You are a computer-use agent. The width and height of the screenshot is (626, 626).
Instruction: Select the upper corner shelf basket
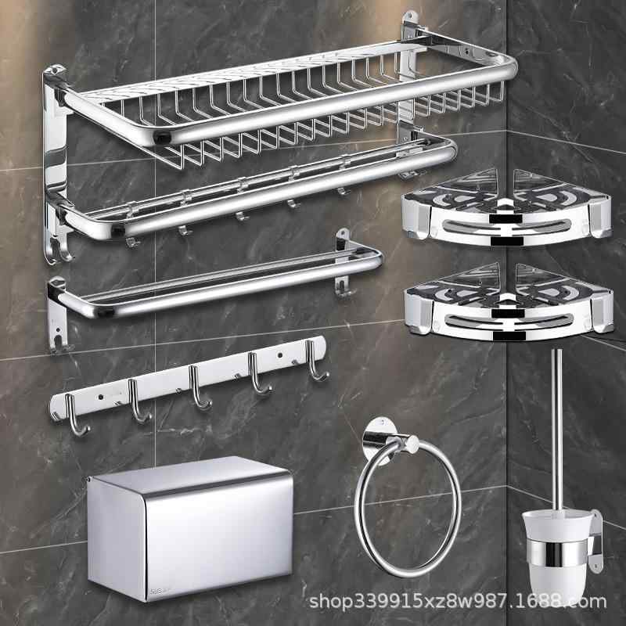[x=506, y=207]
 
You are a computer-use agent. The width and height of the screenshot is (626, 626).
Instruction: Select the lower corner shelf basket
[x=508, y=304]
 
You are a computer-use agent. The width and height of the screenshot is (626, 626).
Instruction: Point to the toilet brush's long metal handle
[x=557, y=431]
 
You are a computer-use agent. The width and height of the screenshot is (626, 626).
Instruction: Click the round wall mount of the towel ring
[x=376, y=438]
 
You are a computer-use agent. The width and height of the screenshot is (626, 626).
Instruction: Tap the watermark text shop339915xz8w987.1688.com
[x=458, y=601]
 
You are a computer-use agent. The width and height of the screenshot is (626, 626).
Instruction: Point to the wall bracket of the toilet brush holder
[x=595, y=541]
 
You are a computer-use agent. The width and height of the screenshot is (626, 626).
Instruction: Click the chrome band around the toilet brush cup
[x=557, y=553]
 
